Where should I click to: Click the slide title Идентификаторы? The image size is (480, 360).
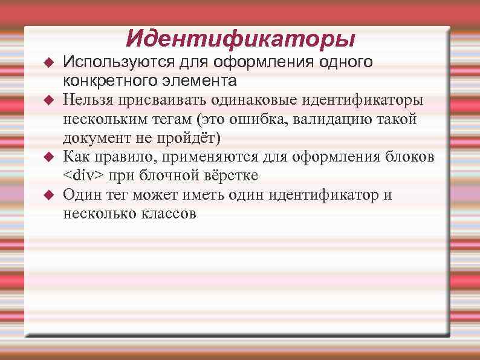(x=241, y=39)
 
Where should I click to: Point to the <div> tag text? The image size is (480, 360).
(x=83, y=176)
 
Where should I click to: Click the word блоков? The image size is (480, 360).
(x=413, y=157)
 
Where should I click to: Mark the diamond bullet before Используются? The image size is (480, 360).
(x=50, y=62)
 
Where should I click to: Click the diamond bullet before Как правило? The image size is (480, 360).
(x=50, y=157)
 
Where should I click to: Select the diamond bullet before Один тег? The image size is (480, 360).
(x=50, y=195)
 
